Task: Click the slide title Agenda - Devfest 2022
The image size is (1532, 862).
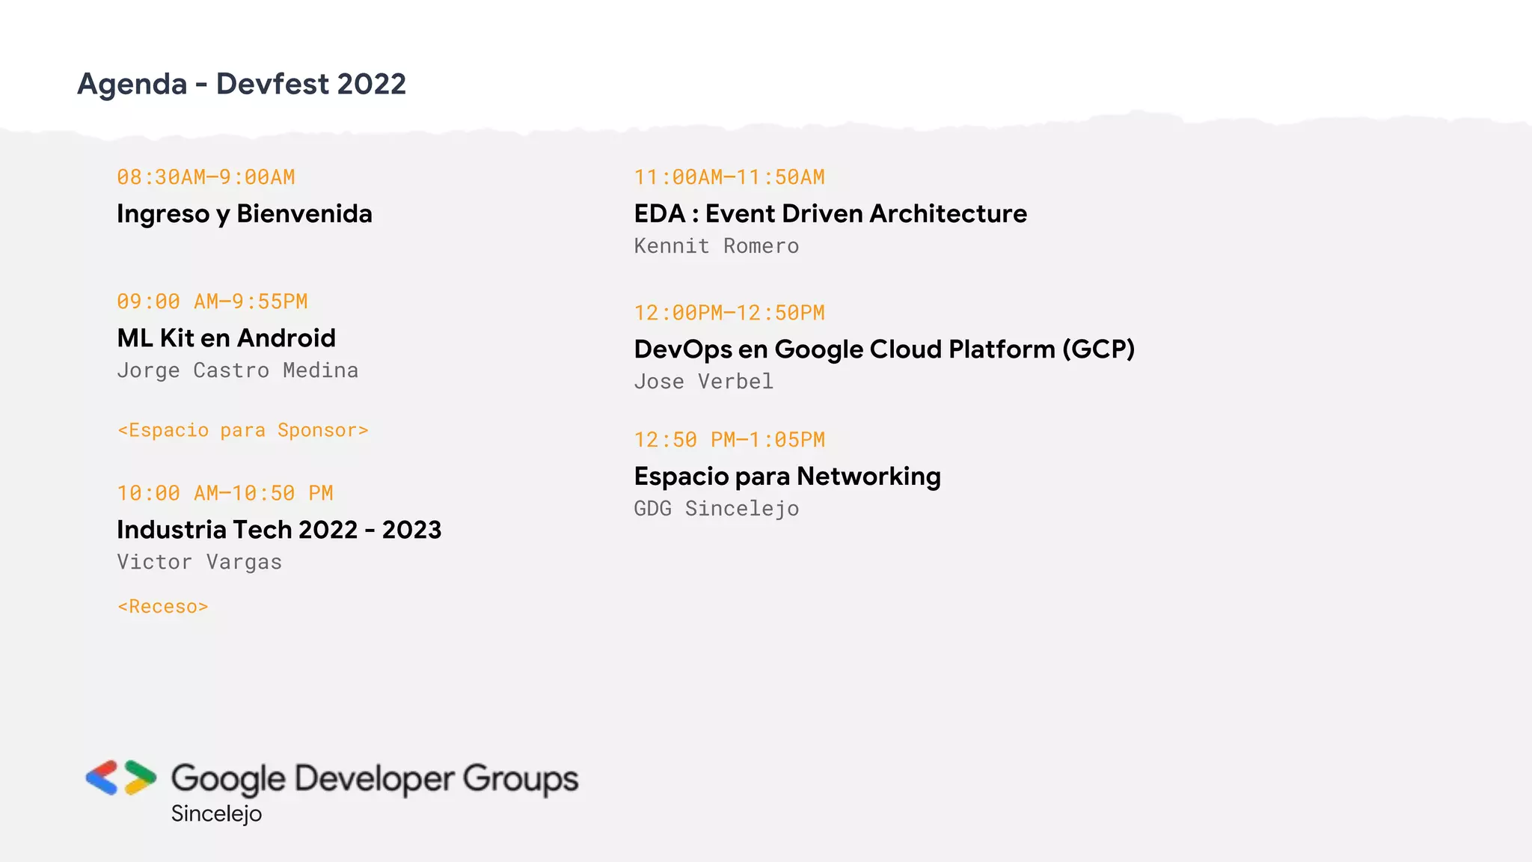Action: (241, 84)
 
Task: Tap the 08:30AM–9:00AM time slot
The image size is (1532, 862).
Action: (206, 177)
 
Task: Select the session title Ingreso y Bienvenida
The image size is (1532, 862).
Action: (244, 214)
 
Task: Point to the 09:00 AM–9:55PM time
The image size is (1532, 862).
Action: (212, 302)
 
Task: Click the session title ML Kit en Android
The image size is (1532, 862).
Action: (226, 338)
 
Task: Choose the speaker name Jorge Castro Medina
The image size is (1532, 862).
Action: (237, 370)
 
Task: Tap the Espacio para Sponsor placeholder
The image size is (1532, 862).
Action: (243, 430)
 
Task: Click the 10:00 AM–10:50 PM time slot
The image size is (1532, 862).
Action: (224, 493)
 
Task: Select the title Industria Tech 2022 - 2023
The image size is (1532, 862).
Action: (279, 530)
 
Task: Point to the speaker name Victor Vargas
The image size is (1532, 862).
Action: (199, 562)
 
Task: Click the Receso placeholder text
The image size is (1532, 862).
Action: (162, 607)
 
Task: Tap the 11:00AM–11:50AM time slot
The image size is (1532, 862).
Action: (729, 177)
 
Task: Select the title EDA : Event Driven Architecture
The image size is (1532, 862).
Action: (830, 214)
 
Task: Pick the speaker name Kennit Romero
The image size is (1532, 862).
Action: (716, 246)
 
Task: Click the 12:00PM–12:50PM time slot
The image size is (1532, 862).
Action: (729, 313)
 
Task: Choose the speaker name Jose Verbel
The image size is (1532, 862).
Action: (703, 382)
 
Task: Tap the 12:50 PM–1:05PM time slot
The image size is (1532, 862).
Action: (729, 440)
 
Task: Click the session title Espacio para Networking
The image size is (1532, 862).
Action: (787, 477)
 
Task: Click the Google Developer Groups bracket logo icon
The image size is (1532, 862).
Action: (121, 777)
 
